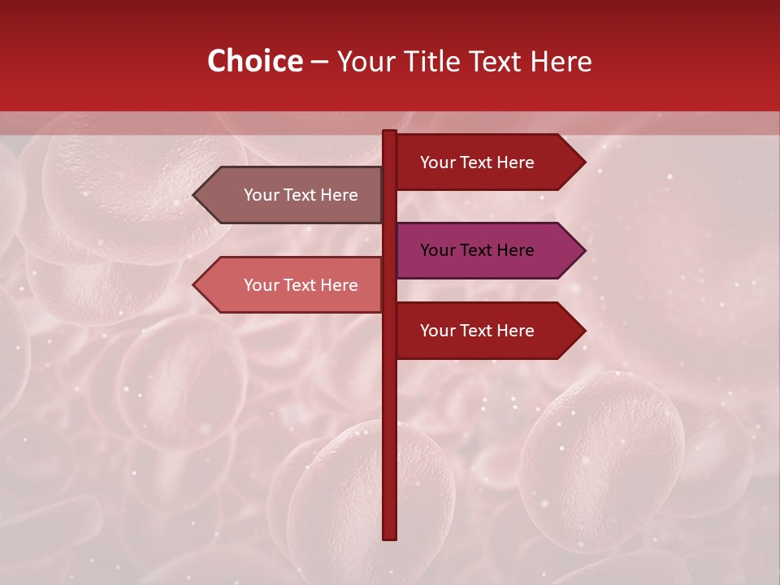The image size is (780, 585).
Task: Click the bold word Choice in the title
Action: [x=254, y=61]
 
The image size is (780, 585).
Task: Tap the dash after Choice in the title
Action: [x=319, y=63]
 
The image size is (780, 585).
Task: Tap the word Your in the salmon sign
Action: [x=260, y=285]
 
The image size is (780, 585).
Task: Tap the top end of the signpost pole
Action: [x=389, y=133]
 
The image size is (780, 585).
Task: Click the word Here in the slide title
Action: [x=561, y=61]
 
